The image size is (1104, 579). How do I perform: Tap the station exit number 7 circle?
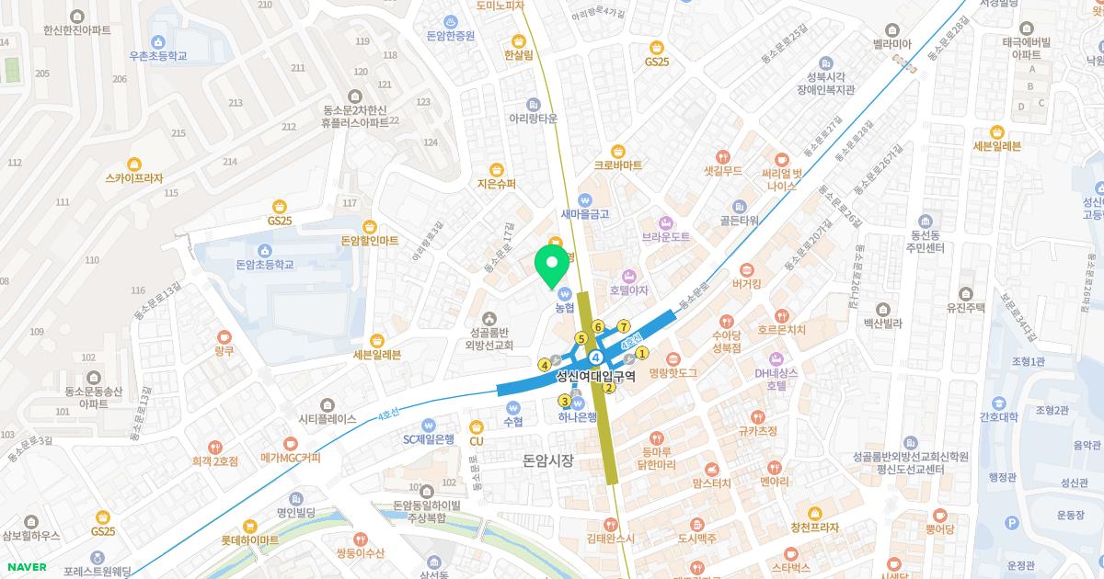click(623, 326)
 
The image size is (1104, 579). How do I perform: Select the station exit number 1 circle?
click(642, 352)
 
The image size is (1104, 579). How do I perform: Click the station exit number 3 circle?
click(564, 401)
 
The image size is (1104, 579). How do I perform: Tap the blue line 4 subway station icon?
click(596, 356)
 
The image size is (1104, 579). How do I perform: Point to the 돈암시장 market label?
click(547, 460)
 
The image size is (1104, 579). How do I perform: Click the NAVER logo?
click(27, 567)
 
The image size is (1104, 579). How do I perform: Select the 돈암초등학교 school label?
click(265, 265)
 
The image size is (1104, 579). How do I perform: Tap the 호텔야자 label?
click(629, 290)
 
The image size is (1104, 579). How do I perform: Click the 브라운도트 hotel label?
click(666, 236)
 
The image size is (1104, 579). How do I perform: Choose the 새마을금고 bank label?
click(585, 213)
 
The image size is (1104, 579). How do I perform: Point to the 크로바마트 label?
click(618, 165)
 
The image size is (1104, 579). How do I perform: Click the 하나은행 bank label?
click(578, 416)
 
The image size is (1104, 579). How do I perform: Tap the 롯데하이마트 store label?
click(249, 539)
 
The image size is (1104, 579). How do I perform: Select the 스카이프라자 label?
click(134, 178)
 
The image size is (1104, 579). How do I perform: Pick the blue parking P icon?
click(1012, 523)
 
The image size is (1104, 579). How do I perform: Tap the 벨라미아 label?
click(891, 43)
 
